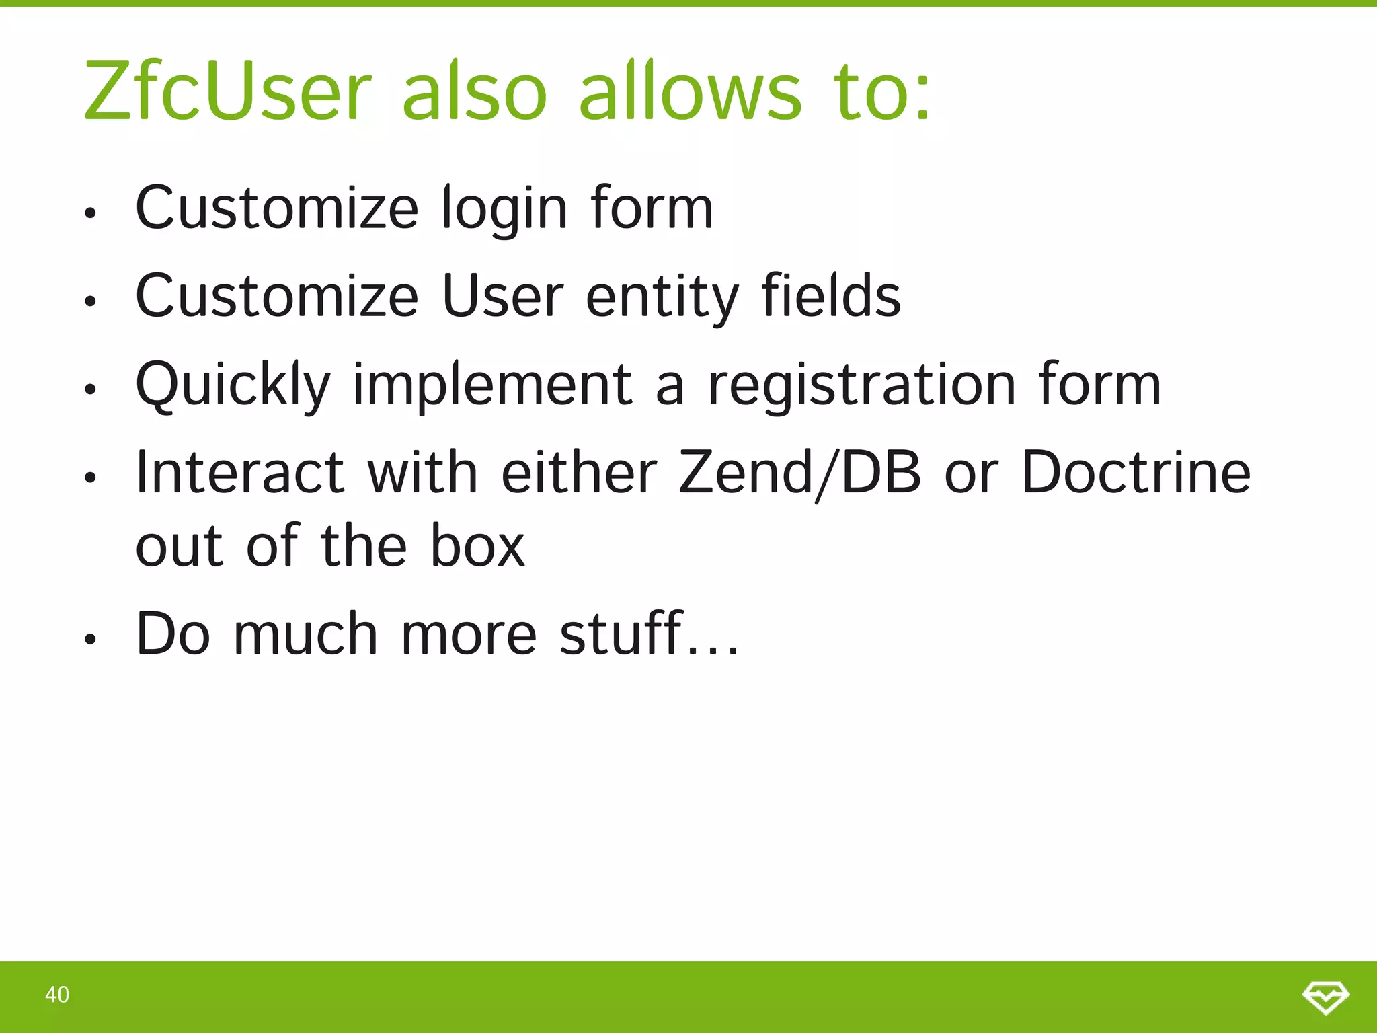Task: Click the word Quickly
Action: (x=233, y=385)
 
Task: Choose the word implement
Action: (x=492, y=385)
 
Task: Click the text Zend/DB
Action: (x=799, y=473)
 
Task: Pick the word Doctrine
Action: (x=1136, y=472)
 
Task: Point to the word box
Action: (x=477, y=545)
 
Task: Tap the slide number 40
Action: (x=57, y=995)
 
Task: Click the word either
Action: (x=579, y=472)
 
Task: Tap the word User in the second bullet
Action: (x=503, y=297)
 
